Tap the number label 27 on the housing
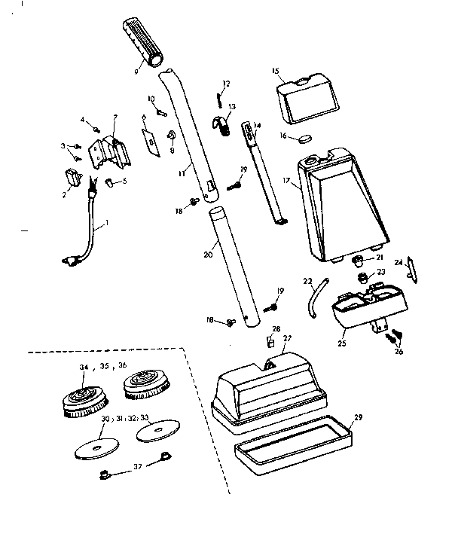point(285,339)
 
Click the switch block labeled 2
point(75,178)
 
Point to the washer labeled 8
point(169,136)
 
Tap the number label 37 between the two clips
point(136,466)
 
